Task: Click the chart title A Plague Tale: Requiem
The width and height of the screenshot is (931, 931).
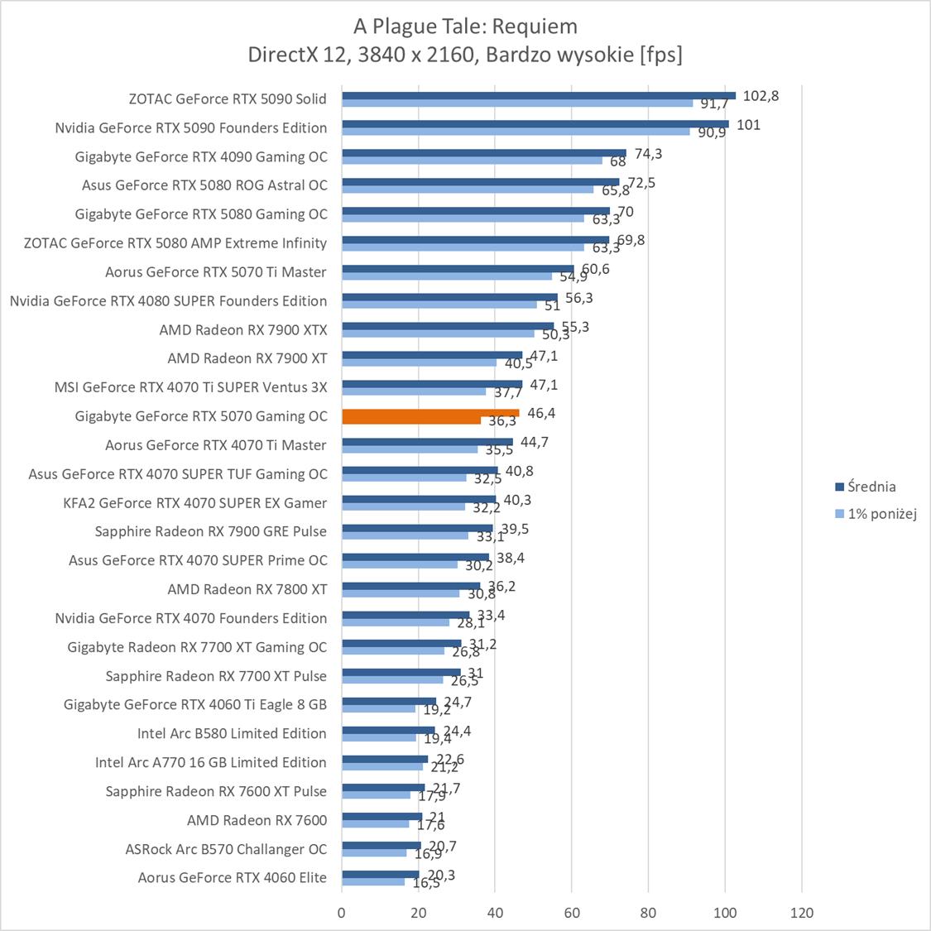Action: [465, 26]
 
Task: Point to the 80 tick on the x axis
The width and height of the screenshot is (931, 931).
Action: [649, 913]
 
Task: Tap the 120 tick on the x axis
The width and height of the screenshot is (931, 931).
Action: [802, 913]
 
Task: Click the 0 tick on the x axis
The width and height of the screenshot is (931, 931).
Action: [342, 913]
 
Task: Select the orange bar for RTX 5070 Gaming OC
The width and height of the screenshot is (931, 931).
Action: [430, 413]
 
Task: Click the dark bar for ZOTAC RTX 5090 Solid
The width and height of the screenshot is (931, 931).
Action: [538, 95]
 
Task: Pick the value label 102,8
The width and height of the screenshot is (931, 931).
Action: [761, 96]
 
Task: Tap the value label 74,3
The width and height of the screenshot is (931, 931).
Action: [648, 154]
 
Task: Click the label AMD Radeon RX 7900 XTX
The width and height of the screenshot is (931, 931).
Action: [243, 329]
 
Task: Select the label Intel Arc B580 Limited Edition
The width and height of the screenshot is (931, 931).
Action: [232, 733]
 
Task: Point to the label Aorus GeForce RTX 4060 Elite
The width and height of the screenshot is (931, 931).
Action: [232, 877]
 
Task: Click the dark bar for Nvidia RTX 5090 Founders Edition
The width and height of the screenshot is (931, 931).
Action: [535, 124]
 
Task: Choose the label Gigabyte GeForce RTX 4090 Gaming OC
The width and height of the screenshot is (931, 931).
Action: [201, 156]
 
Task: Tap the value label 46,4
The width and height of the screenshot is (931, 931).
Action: [540, 413]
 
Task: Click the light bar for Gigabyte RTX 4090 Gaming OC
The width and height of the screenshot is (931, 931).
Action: [472, 161]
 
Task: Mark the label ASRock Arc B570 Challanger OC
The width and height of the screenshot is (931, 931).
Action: [226, 849]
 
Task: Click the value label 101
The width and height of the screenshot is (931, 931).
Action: [748, 125]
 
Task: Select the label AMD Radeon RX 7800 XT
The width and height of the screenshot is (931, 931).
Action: [247, 589]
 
